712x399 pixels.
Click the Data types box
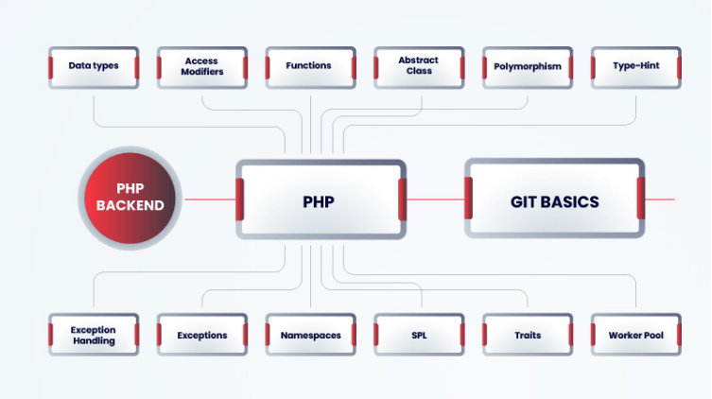(x=94, y=67)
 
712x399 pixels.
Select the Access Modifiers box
(x=201, y=67)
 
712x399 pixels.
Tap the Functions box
(x=309, y=67)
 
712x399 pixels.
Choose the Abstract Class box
(x=418, y=67)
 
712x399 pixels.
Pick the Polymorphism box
(x=527, y=67)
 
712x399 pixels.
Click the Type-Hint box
(x=635, y=67)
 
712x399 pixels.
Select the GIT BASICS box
(x=554, y=199)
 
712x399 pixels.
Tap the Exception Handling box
(x=94, y=335)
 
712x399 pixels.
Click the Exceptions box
(x=201, y=335)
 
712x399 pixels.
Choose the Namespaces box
(x=309, y=335)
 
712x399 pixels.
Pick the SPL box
(x=418, y=335)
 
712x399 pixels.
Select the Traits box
(x=527, y=335)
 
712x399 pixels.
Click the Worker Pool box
(x=635, y=335)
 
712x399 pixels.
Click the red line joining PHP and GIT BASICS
(x=435, y=199)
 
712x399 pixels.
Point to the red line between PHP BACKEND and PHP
(x=208, y=199)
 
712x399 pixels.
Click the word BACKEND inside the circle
(x=130, y=205)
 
